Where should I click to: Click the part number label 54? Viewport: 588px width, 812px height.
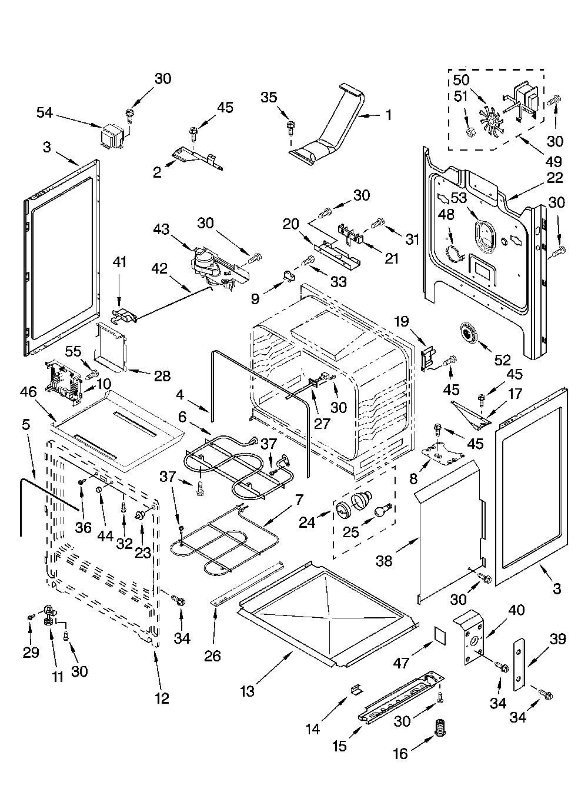pos(45,113)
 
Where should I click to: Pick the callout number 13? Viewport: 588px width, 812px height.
pos(248,691)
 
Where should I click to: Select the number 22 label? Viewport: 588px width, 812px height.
pos(554,178)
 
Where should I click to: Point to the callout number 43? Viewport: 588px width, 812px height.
pos(161,229)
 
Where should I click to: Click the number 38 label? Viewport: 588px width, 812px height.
pos(384,561)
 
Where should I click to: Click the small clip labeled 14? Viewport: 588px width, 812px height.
pos(356,688)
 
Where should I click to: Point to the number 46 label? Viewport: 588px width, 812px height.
pos(28,392)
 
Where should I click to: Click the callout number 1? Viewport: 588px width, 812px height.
pos(389,115)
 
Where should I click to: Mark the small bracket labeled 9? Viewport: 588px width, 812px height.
pos(289,277)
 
